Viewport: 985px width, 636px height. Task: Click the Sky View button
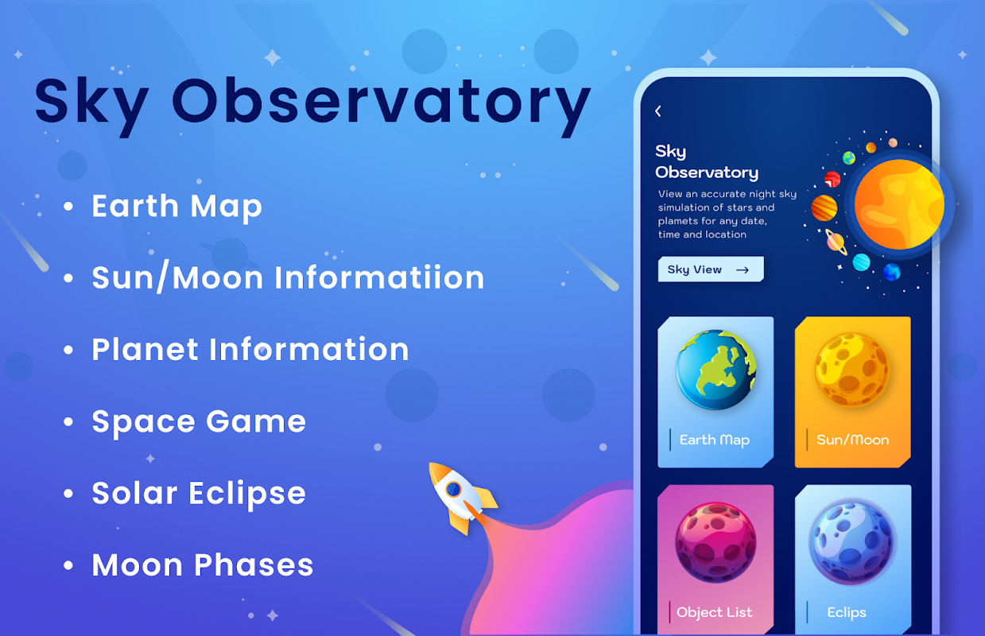tap(711, 270)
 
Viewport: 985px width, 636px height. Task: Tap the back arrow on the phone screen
tap(658, 111)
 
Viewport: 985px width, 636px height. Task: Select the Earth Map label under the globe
tap(715, 440)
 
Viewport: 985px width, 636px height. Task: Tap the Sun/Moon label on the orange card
tap(853, 440)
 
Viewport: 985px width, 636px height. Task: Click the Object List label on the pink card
tap(714, 612)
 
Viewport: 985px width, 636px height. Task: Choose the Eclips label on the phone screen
tap(847, 612)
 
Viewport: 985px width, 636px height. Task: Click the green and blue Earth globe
tap(715, 370)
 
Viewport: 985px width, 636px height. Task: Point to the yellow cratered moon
tap(852, 370)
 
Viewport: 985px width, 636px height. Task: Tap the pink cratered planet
tap(715, 542)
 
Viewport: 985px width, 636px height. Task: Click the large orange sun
tap(899, 204)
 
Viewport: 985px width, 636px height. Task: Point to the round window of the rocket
tap(453, 489)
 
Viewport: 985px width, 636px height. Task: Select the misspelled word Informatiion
tap(379, 277)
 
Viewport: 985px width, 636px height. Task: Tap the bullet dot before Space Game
tap(68, 422)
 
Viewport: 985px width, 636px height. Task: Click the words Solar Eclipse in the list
tap(199, 494)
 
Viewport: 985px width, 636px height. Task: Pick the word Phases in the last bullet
tap(254, 564)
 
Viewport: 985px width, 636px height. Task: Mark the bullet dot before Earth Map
tap(68, 206)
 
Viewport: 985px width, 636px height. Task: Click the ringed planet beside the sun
tap(836, 242)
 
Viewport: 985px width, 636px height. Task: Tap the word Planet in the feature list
tap(145, 350)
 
